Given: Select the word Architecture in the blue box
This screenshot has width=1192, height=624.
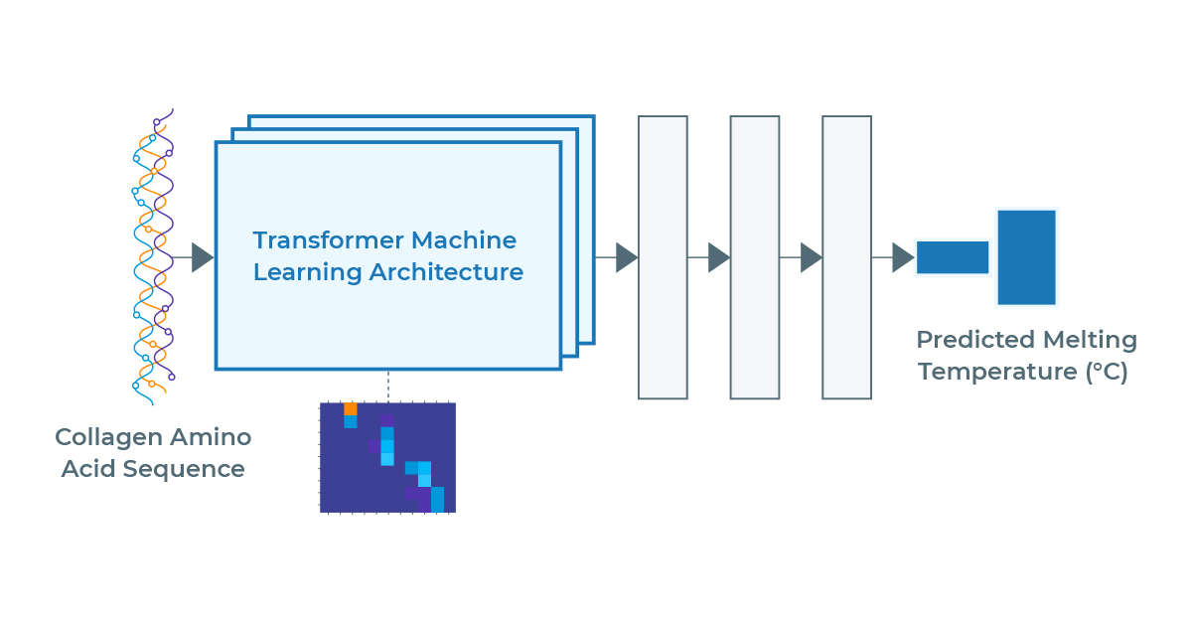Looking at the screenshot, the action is (446, 272).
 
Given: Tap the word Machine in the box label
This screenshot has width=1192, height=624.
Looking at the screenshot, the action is (464, 240).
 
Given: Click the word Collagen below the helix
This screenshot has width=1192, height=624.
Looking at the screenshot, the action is (108, 438).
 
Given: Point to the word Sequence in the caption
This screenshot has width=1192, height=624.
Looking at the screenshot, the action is (184, 470).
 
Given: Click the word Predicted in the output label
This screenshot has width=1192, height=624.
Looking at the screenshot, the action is (975, 340).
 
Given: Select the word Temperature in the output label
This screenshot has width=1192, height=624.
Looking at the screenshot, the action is (997, 372).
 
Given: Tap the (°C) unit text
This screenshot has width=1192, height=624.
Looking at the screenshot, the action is (1107, 372).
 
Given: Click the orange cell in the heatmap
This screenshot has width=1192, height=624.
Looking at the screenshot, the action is (350, 409).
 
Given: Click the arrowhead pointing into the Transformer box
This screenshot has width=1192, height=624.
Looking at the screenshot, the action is (203, 257).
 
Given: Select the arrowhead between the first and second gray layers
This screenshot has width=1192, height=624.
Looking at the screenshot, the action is (719, 257).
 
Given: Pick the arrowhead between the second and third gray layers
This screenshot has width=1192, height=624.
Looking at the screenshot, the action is (812, 257).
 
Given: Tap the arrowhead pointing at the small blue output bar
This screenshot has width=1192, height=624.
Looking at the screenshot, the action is (904, 257).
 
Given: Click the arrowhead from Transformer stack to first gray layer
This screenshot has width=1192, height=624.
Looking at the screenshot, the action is (627, 257).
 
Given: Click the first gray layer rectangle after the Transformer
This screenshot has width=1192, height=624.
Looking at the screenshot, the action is (664, 257).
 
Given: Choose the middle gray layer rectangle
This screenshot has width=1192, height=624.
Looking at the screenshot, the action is (755, 257).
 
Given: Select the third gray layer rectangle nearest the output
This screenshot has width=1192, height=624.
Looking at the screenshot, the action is (847, 257).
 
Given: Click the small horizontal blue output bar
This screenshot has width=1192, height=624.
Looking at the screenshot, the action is (953, 257).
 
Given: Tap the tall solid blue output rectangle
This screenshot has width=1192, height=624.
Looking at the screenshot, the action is (1026, 257).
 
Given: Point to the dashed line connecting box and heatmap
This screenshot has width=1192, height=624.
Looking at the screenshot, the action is (388, 386).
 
